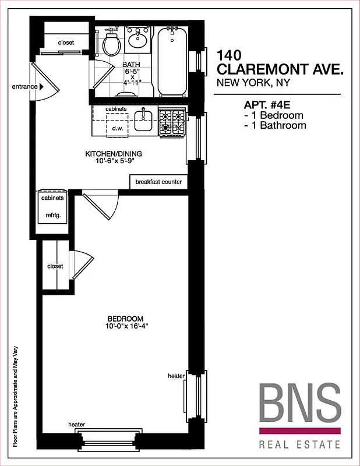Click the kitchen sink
tap(143, 121)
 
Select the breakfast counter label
tap(158, 182)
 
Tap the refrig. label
tap(53, 215)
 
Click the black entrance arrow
tap(42, 87)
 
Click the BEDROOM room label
tap(125, 319)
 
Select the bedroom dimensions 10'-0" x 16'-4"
tap(125, 327)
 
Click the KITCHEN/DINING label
tap(114, 154)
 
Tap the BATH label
tap(131, 65)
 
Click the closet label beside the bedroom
tap(55, 266)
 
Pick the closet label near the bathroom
tap(66, 43)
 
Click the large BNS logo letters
tap(299, 404)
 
